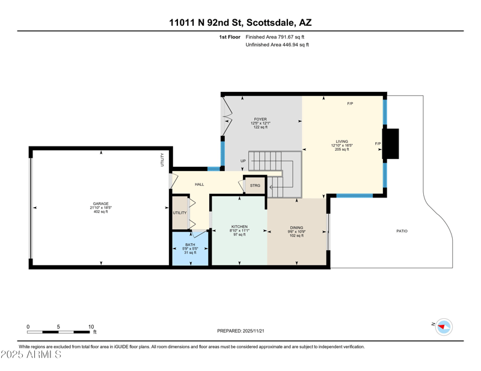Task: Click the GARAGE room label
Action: pos(100,204)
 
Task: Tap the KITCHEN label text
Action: pos(239,227)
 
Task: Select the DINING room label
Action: pos(296,228)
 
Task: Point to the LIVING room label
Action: pos(342,142)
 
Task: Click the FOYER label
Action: pos(260,119)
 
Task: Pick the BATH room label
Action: pos(190,245)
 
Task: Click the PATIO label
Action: pos(402,231)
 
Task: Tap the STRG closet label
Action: pos(255,185)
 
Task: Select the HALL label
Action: pos(199,184)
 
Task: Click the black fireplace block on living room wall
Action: pos(391,144)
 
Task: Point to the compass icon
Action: pos(444,327)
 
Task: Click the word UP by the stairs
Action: pos(243,161)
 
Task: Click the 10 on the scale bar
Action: pos(91,327)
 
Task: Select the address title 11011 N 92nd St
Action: pos(205,23)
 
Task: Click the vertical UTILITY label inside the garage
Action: pos(162,160)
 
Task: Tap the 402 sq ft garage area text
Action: pos(100,212)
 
